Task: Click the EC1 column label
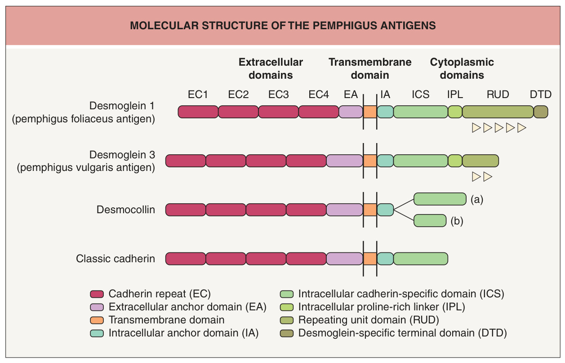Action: click(x=198, y=94)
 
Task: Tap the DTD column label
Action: click(x=541, y=94)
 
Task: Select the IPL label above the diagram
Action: click(x=455, y=94)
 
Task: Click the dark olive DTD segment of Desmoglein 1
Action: click(x=541, y=112)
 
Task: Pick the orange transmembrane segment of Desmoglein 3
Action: click(x=370, y=161)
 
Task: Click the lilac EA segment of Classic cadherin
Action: click(x=345, y=259)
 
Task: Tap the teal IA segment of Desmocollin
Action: click(x=385, y=210)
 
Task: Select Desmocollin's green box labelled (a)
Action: click(x=440, y=199)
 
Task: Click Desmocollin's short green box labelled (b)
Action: click(x=430, y=220)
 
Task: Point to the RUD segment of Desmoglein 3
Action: click(x=480, y=161)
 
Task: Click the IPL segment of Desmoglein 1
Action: click(x=455, y=112)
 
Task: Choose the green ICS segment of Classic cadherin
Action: click(x=421, y=259)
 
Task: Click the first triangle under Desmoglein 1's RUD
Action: click(x=476, y=128)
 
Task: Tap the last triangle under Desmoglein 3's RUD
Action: click(x=488, y=177)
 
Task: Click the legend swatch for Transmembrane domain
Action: click(x=97, y=320)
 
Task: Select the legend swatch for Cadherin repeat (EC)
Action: click(x=97, y=294)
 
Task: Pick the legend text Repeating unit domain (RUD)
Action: click(x=369, y=320)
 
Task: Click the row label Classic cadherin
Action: click(x=116, y=259)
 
